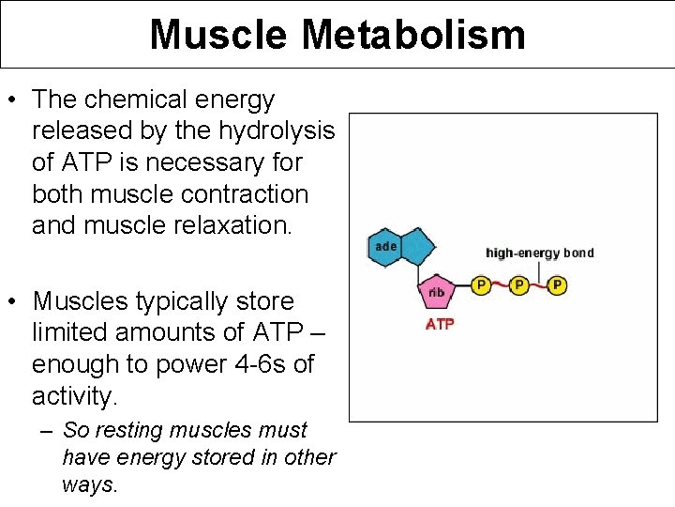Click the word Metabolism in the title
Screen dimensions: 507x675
(x=413, y=35)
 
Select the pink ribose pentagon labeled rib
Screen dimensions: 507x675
(x=437, y=293)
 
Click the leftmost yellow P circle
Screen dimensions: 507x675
(x=481, y=284)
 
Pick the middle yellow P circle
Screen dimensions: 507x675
(x=518, y=284)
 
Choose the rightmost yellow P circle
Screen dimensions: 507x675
(x=557, y=284)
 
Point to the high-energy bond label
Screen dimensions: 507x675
(x=539, y=253)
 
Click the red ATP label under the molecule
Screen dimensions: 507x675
(x=440, y=325)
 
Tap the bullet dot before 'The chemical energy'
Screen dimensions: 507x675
(x=13, y=100)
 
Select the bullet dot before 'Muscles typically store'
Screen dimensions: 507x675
(x=13, y=302)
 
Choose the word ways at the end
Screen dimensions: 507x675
(x=89, y=484)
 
